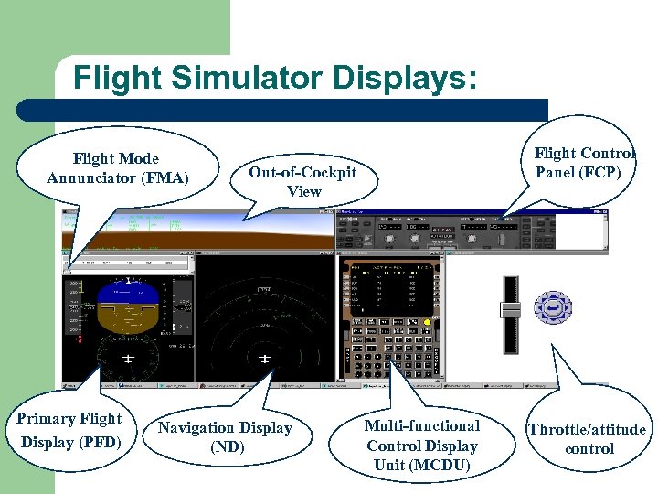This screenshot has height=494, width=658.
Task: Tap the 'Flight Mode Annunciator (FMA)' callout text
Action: (x=117, y=167)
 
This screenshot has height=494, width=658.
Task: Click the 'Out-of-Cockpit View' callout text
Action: (x=302, y=181)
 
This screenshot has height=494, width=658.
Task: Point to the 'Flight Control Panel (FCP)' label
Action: (x=584, y=162)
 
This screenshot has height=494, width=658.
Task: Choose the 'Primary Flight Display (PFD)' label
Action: (x=69, y=430)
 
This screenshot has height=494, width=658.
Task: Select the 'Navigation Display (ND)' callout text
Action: (x=225, y=437)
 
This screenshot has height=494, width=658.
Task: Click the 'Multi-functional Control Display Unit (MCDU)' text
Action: (x=422, y=446)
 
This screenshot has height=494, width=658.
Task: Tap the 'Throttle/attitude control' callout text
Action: (x=588, y=439)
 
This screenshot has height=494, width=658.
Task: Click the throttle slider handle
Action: (x=510, y=310)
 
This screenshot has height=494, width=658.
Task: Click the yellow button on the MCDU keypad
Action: (x=427, y=322)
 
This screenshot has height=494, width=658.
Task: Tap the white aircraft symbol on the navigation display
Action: (x=265, y=358)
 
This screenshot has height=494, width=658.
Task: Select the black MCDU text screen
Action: (x=392, y=288)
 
